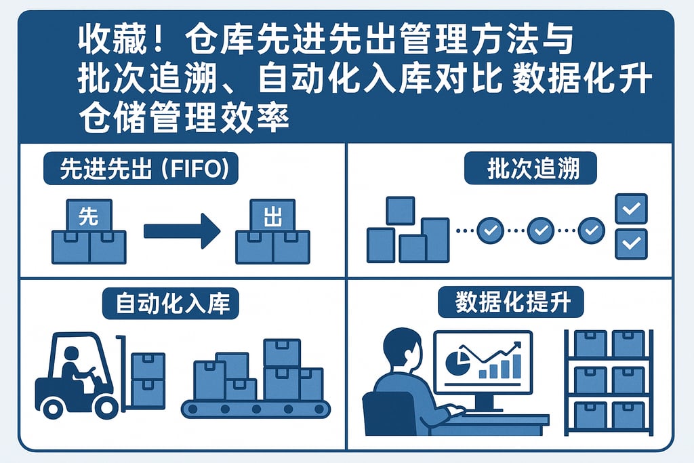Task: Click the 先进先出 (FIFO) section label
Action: pos(141,169)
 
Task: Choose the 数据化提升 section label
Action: pos(510,303)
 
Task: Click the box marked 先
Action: pos(88,217)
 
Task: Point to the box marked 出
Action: pos(272,217)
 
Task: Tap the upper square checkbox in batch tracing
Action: pos(630,209)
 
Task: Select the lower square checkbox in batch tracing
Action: pos(630,243)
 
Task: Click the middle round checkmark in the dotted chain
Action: pos(540,230)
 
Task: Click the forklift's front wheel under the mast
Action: pos(106,406)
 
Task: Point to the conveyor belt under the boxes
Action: pos(256,409)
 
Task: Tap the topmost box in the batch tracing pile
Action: pos(400,210)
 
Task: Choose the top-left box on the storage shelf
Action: pos(590,344)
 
